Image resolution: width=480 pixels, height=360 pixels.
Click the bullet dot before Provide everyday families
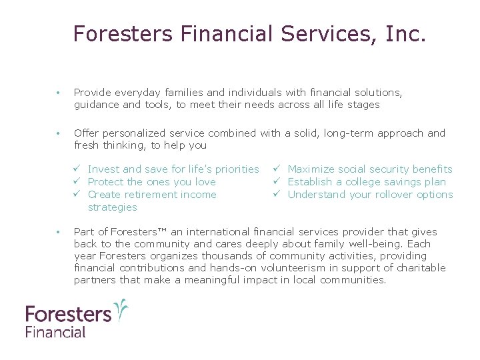[59, 93]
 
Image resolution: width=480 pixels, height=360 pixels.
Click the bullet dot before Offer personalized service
[59, 133]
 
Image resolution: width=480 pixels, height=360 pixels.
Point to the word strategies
[112, 207]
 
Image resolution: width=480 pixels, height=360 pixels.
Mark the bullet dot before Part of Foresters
[59, 232]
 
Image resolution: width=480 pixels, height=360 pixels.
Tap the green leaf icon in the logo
[121, 309]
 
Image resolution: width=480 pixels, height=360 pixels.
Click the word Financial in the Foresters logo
[56, 331]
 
